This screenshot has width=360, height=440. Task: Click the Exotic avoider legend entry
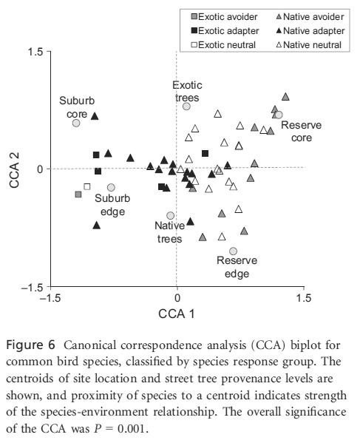tap(224, 17)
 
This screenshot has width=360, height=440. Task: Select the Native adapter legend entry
tap(310, 31)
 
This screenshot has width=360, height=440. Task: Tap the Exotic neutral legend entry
tap(223, 45)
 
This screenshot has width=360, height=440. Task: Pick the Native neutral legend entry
tap(309, 45)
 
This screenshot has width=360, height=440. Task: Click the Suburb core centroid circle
tap(76, 123)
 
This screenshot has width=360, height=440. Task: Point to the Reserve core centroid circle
tap(279, 115)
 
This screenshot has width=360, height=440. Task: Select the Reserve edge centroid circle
tap(233, 251)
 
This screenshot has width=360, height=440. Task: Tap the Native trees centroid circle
tap(170, 215)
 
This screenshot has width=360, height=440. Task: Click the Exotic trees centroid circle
tap(186, 106)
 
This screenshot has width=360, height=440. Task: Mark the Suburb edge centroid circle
tap(111, 187)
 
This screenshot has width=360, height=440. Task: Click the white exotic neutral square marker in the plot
tap(87, 186)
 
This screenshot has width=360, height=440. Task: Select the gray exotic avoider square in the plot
tap(78, 194)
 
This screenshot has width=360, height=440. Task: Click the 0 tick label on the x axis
tap(177, 298)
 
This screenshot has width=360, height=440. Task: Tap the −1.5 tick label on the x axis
tap(50, 298)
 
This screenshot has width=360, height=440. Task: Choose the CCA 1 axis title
tap(177, 314)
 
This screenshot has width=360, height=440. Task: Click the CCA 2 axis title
tap(14, 170)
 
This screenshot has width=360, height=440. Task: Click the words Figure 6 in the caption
tap(30, 345)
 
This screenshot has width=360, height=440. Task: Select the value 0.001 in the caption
tap(132, 429)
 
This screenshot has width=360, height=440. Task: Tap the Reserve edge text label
tap(237, 267)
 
